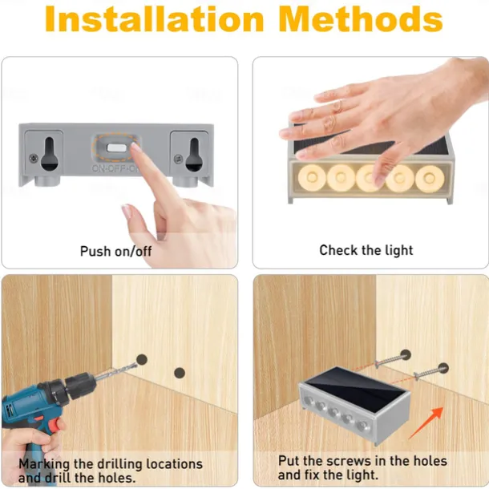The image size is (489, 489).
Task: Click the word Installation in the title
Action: pos(155,18)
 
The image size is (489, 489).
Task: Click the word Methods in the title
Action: pos(361,18)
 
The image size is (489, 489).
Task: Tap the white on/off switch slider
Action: pos(116,148)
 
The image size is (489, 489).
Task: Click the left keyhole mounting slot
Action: pos(50,154)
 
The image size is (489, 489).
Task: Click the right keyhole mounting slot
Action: pos(194,155)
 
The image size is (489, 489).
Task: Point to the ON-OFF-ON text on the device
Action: pos(115,168)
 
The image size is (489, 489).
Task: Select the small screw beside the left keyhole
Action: pos(34,158)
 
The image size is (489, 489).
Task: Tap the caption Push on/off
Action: pos(115,252)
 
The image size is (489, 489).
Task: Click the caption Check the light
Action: pos(366,250)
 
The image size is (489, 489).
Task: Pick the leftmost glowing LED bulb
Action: pos(312,177)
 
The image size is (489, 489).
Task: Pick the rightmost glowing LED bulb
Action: pos(430,178)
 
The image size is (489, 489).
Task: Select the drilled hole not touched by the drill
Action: pos(180,373)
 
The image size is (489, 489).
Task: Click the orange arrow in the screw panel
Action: pos(426,423)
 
